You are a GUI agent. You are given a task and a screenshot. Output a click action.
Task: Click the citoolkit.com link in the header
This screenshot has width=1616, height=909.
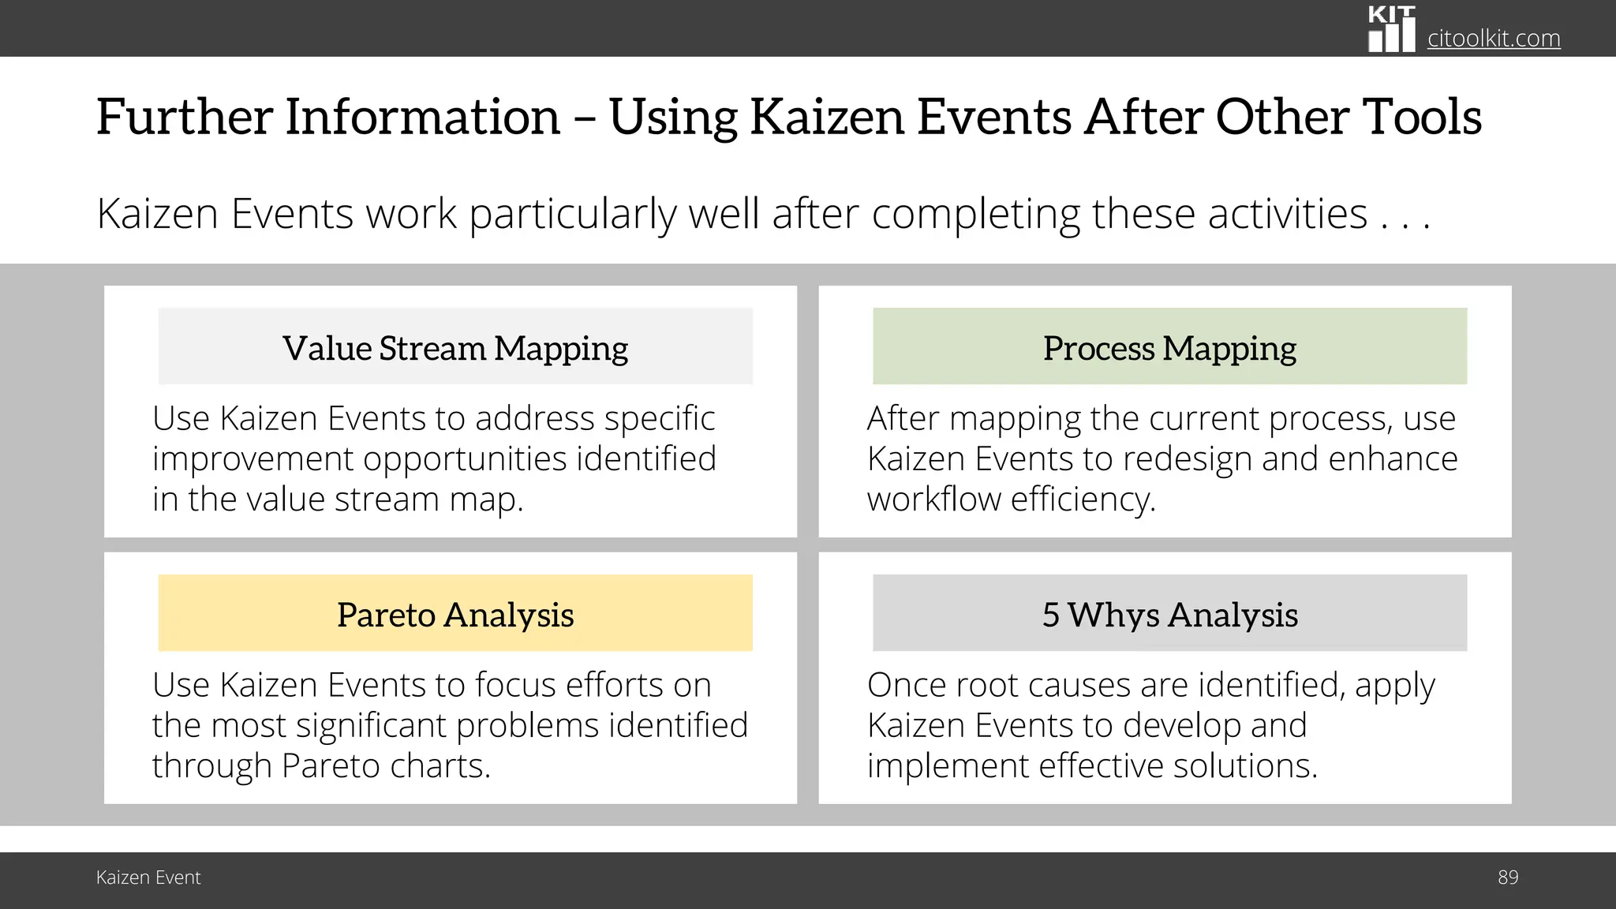coord(1493,38)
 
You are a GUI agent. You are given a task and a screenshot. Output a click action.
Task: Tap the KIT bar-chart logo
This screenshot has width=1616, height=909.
coord(1391,30)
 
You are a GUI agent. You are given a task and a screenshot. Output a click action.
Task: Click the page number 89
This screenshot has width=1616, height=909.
coord(1507,877)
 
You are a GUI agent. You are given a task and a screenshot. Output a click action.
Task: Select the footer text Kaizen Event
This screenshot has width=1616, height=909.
coord(148,877)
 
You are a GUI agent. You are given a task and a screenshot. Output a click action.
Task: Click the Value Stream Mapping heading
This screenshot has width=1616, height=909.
coord(455,348)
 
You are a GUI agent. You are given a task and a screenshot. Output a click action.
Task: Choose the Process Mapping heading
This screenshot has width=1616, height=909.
coord(1169,348)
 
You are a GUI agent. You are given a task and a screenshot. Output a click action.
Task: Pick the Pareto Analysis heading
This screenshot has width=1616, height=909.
coord(455,615)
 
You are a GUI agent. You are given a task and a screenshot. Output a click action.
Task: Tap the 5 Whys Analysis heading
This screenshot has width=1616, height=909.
coord(1169,615)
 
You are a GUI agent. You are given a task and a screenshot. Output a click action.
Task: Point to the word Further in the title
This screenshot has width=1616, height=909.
coord(184,117)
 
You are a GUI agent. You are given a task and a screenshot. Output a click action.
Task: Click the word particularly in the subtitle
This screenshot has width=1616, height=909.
coord(572,214)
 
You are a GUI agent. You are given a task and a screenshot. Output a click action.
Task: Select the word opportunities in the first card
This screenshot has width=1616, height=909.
coord(465,458)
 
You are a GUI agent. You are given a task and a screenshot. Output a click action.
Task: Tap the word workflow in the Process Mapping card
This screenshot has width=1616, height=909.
coord(933,499)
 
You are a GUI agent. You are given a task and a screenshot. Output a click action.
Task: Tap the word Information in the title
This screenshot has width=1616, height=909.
coord(422,117)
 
